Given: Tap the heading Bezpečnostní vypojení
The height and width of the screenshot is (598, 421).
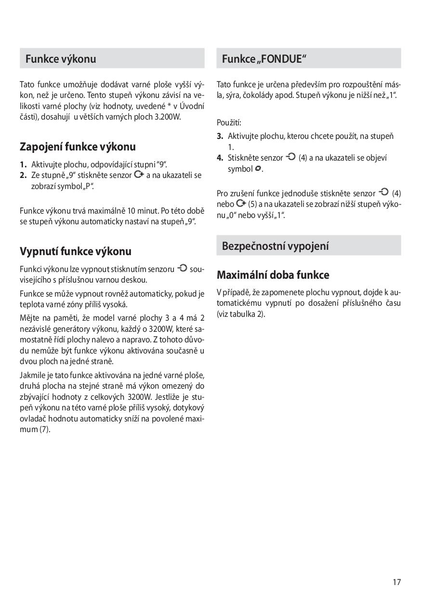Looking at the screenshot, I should (x=275, y=246).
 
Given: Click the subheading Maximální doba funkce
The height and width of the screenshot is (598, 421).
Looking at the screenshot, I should (x=273, y=275).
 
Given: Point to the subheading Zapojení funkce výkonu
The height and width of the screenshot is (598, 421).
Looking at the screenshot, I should (x=78, y=147).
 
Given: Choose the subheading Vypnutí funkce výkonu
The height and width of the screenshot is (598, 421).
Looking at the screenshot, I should (x=75, y=251).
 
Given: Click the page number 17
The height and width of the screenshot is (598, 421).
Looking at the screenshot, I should (x=396, y=582).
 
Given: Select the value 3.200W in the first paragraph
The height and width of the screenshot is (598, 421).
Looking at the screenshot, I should (x=166, y=117).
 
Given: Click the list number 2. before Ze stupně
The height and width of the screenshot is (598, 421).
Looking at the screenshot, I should (x=23, y=176).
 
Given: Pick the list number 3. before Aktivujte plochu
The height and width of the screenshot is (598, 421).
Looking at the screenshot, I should (x=220, y=136).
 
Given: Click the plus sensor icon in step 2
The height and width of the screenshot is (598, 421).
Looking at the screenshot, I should (x=139, y=175).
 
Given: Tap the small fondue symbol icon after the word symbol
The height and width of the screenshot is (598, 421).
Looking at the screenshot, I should (x=258, y=168).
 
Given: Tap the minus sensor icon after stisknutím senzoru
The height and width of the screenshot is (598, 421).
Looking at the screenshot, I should (x=182, y=268).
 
